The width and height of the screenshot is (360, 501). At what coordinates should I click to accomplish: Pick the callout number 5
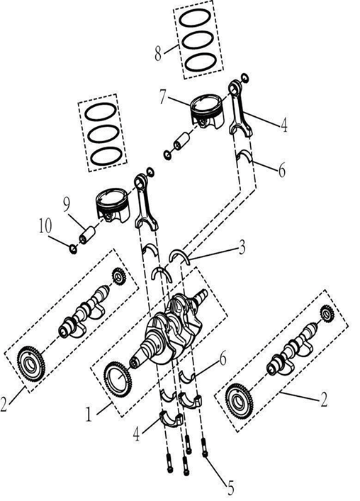230,488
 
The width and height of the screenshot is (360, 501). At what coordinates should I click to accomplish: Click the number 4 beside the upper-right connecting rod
283,127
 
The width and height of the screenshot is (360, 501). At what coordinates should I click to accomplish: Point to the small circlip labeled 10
72,247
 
